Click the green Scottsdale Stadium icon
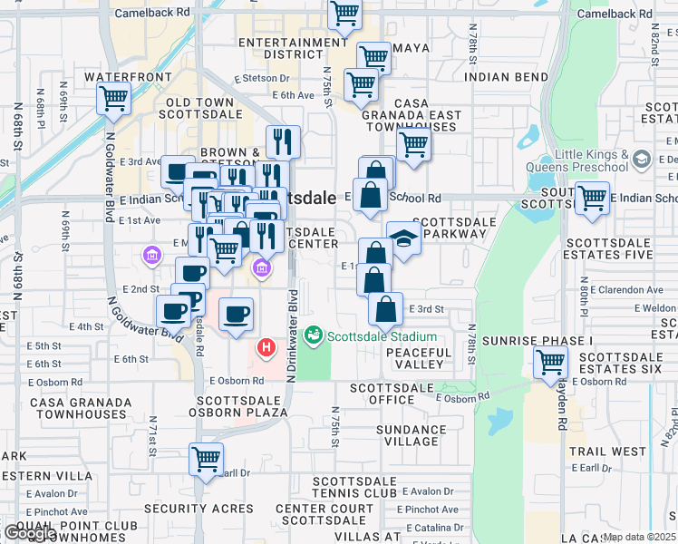coord(313,336)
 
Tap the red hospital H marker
coord(266,346)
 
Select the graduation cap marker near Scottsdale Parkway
coord(404,238)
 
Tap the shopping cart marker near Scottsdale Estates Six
coord(550,363)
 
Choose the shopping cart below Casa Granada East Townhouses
coord(413,143)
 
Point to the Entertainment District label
coord(281,48)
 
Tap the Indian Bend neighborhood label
coord(506,77)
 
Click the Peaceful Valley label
coord(418,357)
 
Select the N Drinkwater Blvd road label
coord(292,335)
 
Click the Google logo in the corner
coord(30,533)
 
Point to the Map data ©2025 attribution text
coord(639,537)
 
